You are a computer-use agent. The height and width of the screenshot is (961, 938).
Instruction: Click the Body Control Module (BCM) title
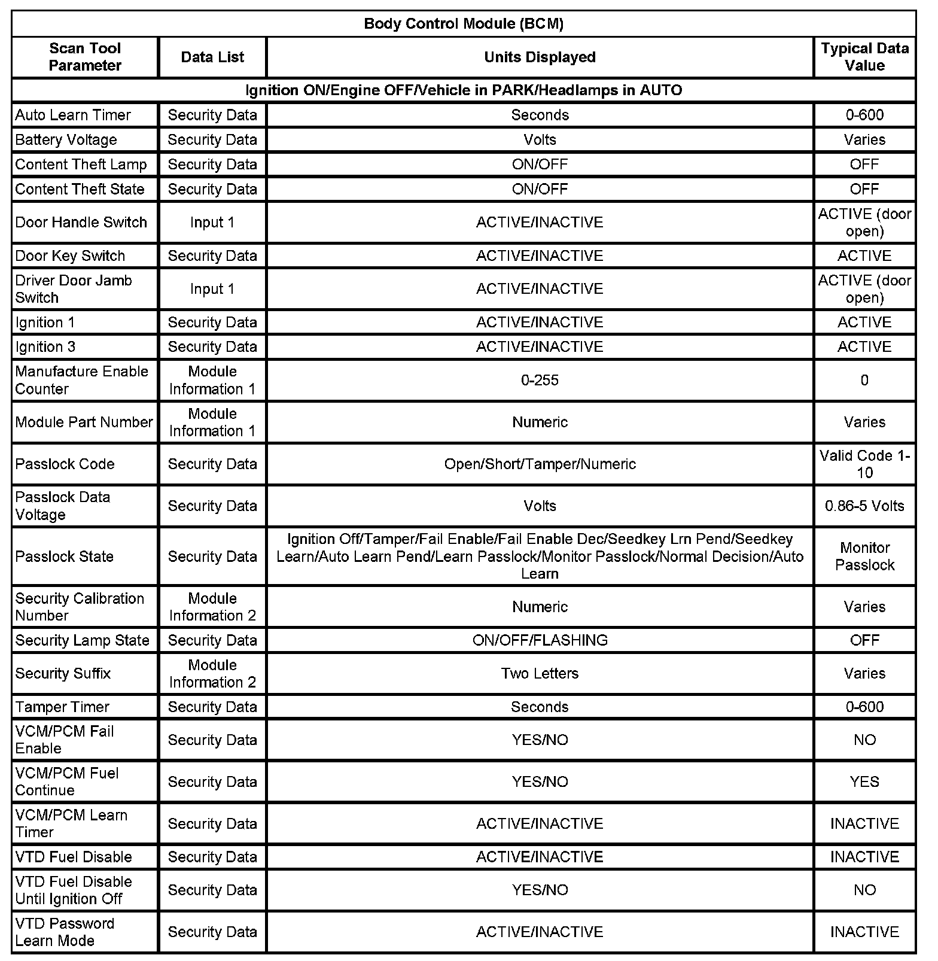click(464, 24)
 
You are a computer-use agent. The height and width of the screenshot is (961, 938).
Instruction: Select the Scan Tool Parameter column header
click(85, 57)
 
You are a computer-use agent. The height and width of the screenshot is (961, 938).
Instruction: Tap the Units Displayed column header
click(540, 57)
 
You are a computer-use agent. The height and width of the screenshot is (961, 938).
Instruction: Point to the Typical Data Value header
click(864, 57)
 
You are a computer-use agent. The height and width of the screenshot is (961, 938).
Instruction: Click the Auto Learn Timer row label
click(73, 115)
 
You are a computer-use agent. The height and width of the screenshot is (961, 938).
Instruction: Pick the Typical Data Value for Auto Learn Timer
click(864, 115)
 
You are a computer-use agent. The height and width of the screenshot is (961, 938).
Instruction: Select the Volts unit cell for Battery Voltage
click(540, 139)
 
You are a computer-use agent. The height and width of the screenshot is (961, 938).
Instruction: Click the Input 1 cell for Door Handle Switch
click(212, 223)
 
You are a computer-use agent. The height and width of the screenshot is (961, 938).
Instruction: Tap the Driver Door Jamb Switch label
click(74, 289)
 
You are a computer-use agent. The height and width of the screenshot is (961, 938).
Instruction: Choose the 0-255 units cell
click(540, 381)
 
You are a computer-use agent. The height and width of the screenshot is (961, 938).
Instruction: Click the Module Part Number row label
click(84, 422)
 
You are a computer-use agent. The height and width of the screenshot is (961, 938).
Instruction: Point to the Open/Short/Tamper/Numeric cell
click(540, 464)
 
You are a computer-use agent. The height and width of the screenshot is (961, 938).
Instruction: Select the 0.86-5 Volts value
click(864, 506)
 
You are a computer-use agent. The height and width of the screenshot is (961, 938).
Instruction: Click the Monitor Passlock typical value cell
click(864, 556)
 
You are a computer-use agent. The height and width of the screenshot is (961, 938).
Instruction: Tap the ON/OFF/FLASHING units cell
click(540, 640)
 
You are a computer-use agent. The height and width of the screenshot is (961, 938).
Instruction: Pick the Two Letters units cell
click(540, 674)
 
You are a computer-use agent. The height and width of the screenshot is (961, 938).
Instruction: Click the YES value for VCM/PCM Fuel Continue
click(864, 782)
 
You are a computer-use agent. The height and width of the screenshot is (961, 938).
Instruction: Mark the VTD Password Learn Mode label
click(65, 932)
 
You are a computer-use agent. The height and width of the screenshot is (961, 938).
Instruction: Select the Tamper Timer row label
click(62, 707)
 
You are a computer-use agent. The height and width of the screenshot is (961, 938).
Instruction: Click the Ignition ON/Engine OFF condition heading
click(464, 90)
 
